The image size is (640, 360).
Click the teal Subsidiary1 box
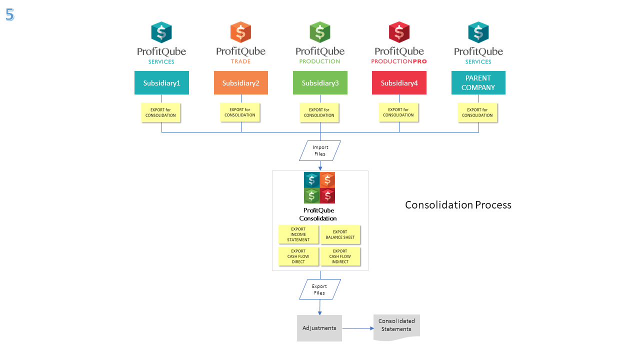pyautogui.click(x=161, y=82)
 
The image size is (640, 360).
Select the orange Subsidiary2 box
pyautogui.click(x=241, y=82)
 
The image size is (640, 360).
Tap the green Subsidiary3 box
pyautogui.click(x=320, y=82)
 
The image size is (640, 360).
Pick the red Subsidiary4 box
pyautogui.click(x=399, y=82)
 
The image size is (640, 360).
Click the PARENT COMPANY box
pyautogui.click(x=478, y=82)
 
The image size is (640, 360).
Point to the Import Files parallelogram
pyautogui.click(x=320, y=150)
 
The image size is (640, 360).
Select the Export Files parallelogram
pyautogui.click(x=320, y=289)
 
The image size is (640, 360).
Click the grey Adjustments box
pyautogui.click(x=319, y=328)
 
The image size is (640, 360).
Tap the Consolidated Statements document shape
pyautogui.click(x=396, y=327)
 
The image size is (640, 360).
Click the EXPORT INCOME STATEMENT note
pyautogui.click(x=298, y=234)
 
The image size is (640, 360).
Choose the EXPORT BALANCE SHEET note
pyautogui.click(x=340, y=234)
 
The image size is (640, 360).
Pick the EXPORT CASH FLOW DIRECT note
pyautogui.click(x=298, y=256)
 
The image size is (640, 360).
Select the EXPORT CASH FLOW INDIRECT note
pyautogui.click(x=340, y=256)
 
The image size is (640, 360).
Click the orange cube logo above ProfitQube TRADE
pyautogui.click(x=240, y=32)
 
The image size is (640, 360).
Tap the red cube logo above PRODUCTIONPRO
pyautogui.click(x=399, y=32)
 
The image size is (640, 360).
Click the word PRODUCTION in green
pyautogui.click(x=319, y=61)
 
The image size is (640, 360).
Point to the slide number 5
pyautogui.click(x=9, y=14)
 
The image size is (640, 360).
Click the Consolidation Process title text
pyautogui.click(x=458, y=205)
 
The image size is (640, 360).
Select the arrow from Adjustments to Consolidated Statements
pyautogui.click(x=358, y=328)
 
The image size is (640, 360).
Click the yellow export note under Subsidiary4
pyautogui.click(x=398, y=112)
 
